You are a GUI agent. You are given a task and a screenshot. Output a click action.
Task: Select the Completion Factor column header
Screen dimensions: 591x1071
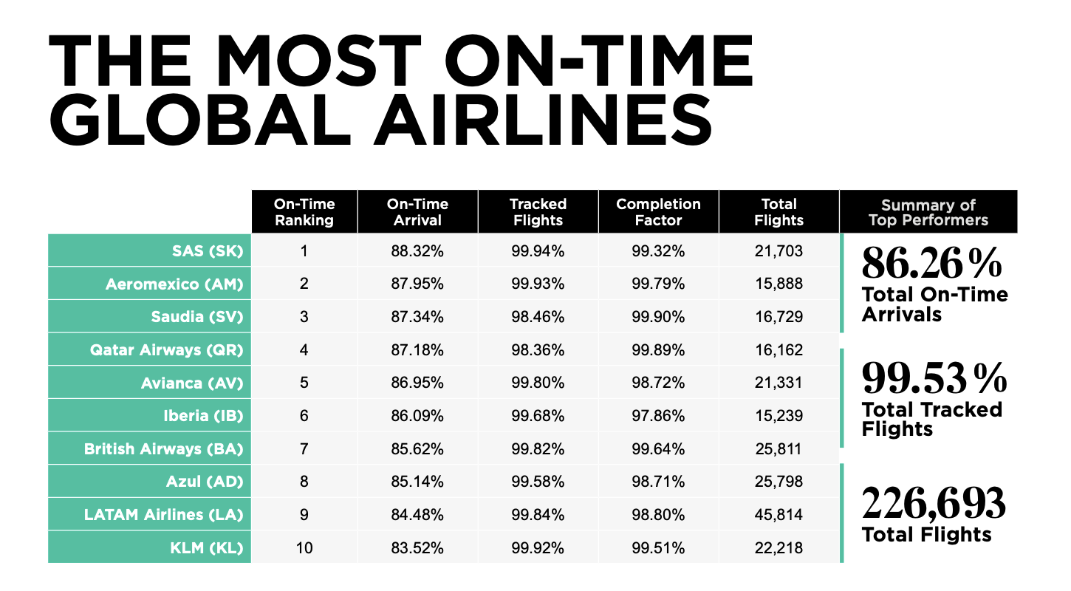pos(658,212)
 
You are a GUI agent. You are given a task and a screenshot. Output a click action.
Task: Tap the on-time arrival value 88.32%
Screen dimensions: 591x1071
pos(417,251)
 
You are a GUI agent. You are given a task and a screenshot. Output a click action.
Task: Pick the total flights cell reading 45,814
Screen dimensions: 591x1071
pos(779,514)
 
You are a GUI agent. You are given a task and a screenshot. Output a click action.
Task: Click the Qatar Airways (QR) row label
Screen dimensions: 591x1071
pos(166,349)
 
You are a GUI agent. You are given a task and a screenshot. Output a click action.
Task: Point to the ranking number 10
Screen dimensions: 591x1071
pos(304,547)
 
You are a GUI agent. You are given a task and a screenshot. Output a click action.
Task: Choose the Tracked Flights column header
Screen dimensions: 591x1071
pos(538,212)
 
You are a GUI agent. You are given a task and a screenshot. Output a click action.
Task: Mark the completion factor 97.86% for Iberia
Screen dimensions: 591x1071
pos(658,416)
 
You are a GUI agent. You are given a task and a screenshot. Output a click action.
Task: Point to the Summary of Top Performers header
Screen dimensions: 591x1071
pos(928,212)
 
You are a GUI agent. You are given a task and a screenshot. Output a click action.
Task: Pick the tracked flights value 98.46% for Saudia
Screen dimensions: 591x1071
pos(538,317)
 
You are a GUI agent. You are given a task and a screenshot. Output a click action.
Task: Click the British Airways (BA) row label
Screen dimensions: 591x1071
pos(163,448)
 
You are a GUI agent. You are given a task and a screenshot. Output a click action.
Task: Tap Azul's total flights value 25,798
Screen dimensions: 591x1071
pos(779,482)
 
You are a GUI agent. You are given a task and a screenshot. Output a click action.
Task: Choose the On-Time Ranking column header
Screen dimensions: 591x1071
pos(304,212)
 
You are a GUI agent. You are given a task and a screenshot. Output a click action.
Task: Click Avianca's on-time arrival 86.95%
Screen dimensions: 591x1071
pos(417,383)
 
